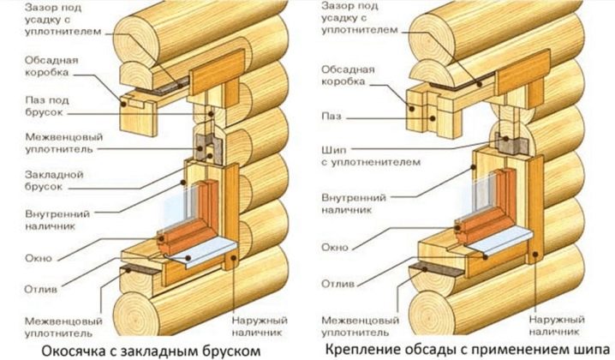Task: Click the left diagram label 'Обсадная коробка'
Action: pos(51,66)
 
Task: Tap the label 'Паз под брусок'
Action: pos(47,106)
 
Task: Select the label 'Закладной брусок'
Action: pos(54,180)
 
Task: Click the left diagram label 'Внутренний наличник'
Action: pos(57,220)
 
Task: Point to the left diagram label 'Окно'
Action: pos(39,258)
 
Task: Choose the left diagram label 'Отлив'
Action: pos(41,290)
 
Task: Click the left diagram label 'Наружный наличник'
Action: pos(260,327)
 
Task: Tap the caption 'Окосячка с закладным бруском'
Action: pos(151,351)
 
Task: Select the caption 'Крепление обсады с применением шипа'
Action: pos(468,349)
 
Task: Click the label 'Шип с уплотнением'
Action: pos(371,156)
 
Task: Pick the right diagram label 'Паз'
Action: pos(331,117)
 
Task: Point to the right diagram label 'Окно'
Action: pos(335,248)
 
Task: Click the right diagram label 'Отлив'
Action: pos(338,284)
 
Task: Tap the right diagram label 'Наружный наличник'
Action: pos(557,326)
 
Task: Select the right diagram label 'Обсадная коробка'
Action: pos(349,75)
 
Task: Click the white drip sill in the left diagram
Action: pos(201,253)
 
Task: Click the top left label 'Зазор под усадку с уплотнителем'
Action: pos(63,19)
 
